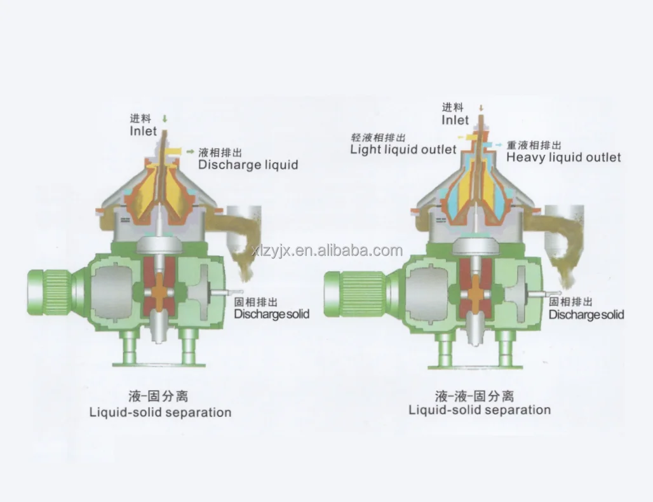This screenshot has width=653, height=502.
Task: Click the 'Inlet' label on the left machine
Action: tap(143, 131)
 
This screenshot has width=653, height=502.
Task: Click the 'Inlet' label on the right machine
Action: tap(455, 120)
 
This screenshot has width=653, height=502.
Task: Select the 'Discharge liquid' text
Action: tap(248, 165)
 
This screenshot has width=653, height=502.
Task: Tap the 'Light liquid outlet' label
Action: tap(403, 149)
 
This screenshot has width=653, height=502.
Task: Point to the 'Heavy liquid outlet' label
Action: tap(563, 156)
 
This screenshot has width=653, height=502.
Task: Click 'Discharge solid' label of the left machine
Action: tap(272, 314)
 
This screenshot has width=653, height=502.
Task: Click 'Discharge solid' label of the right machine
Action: tap(586, 315)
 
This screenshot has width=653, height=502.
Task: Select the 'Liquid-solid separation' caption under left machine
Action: tap(160, 412)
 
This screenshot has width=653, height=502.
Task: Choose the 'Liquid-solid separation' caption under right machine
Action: tap(480, 410)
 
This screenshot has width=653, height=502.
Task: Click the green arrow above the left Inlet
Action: tap(165, 119)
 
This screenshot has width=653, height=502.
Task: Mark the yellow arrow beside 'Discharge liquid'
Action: tap(189, 152)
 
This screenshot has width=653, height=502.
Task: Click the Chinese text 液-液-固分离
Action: tap(475, 396)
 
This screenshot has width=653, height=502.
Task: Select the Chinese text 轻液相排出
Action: tap(378, 137)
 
